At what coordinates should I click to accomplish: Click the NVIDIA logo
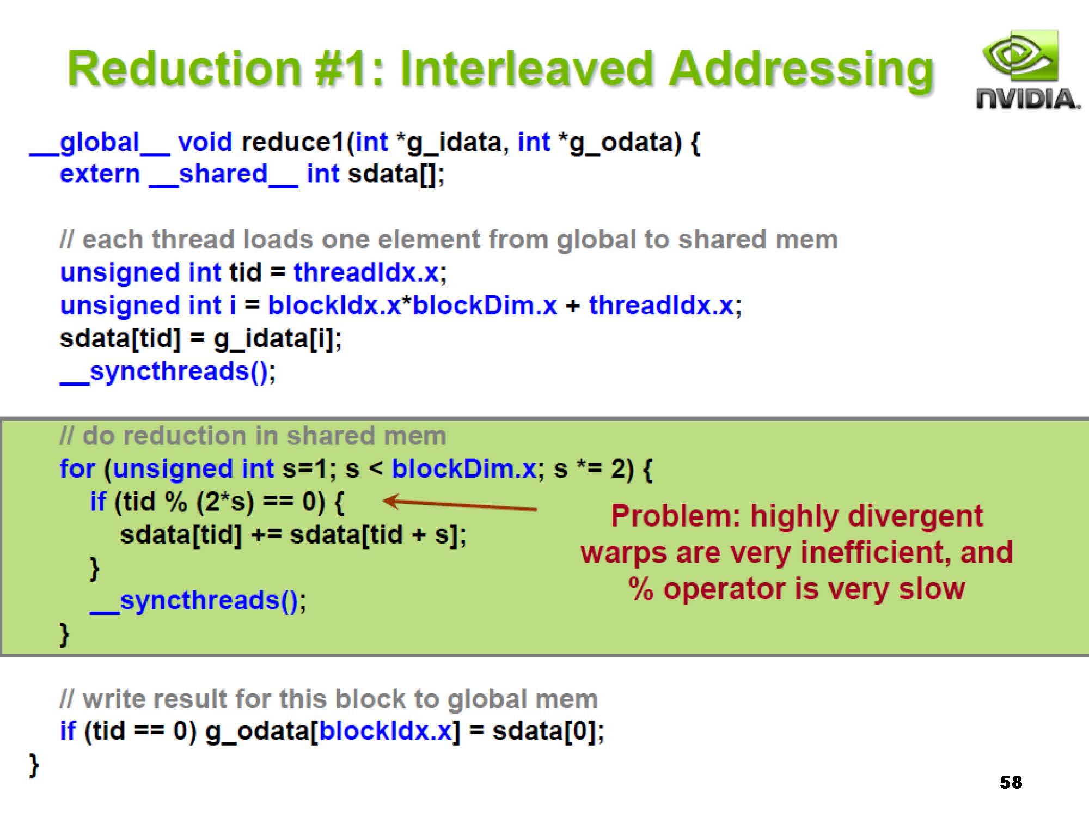[1027, 70]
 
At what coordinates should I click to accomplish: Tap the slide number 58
[1011, 782]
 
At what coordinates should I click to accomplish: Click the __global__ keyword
[100, 143]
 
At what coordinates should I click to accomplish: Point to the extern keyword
[100, 174]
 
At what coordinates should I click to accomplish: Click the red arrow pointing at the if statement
[460, 504]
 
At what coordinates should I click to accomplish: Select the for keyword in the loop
[77, 468]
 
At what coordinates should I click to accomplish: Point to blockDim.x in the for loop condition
[464, 468]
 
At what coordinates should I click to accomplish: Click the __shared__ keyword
[223, 175]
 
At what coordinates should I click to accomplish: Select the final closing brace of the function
[34, 765]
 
